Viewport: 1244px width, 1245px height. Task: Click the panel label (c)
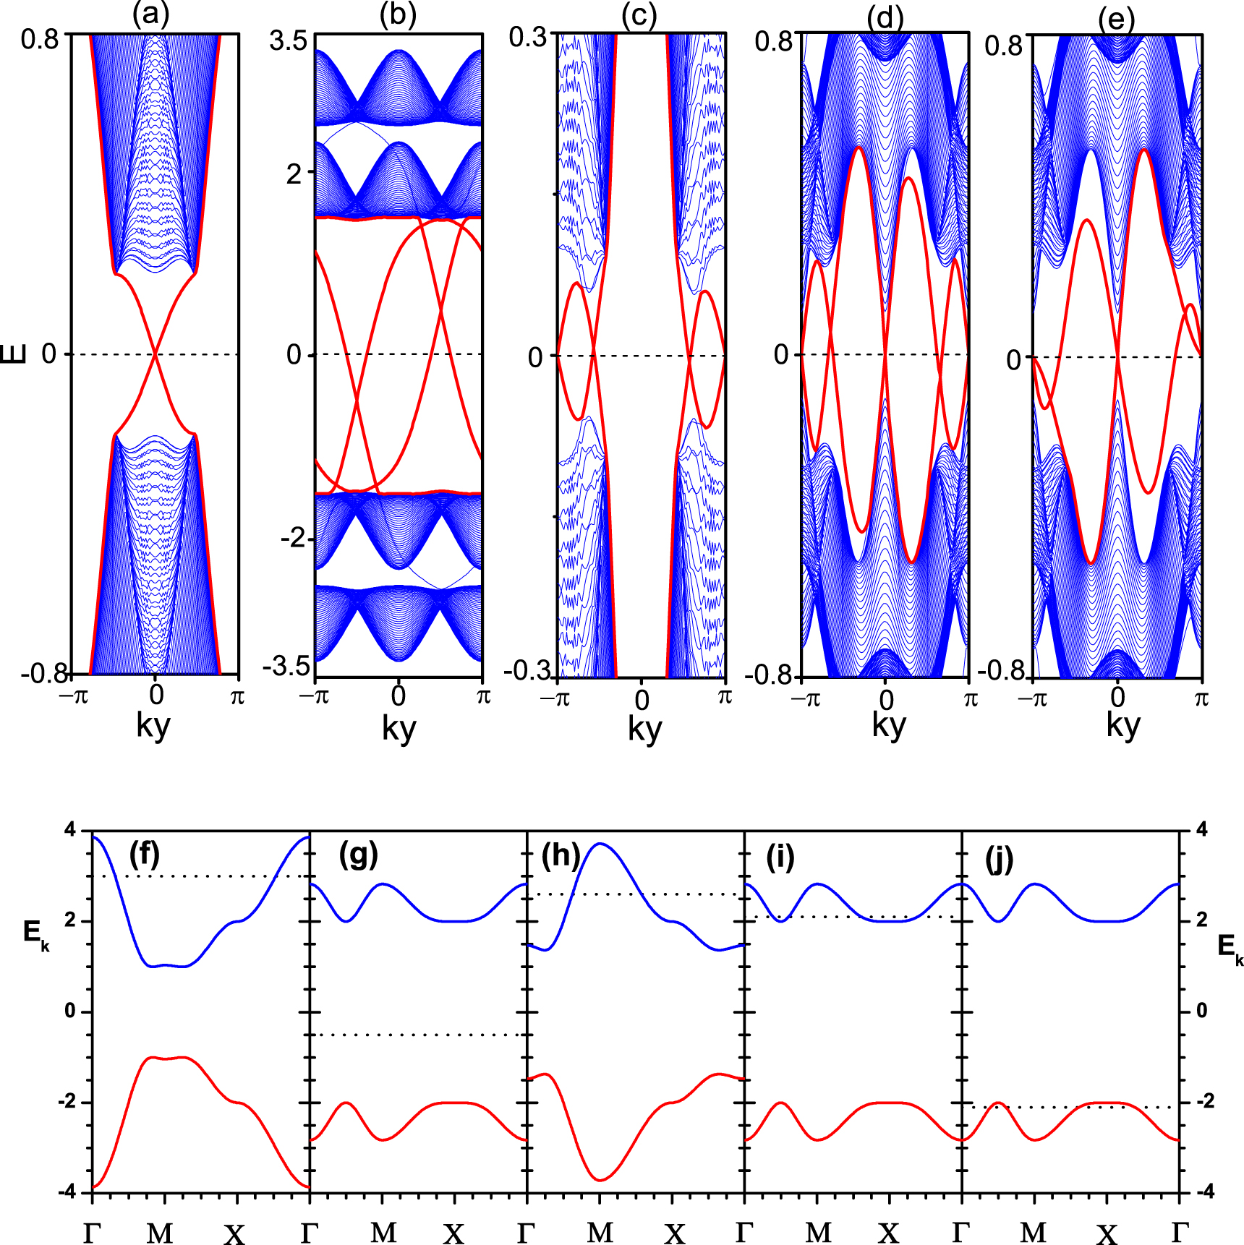639,16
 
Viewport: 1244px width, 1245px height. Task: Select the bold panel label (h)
561,855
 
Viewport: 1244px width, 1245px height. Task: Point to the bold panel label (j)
999,860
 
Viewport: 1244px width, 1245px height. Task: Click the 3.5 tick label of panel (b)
288,40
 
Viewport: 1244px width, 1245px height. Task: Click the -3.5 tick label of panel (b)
286,666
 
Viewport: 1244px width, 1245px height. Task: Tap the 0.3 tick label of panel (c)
528,37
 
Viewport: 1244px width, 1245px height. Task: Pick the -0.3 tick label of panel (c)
527,670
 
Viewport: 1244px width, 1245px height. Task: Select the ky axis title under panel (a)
153,724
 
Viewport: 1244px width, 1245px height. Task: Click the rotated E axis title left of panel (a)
14,354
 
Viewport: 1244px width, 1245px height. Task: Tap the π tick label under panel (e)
1201,698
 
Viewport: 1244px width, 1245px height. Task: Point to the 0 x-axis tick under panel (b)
399,696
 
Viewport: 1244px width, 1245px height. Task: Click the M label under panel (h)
600,1232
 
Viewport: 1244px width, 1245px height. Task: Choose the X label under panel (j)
1107,1233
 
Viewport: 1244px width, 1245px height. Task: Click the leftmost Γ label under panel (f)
92,1232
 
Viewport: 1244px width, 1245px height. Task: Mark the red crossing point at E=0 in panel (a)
155,354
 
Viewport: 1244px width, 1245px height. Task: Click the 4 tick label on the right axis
1202,829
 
